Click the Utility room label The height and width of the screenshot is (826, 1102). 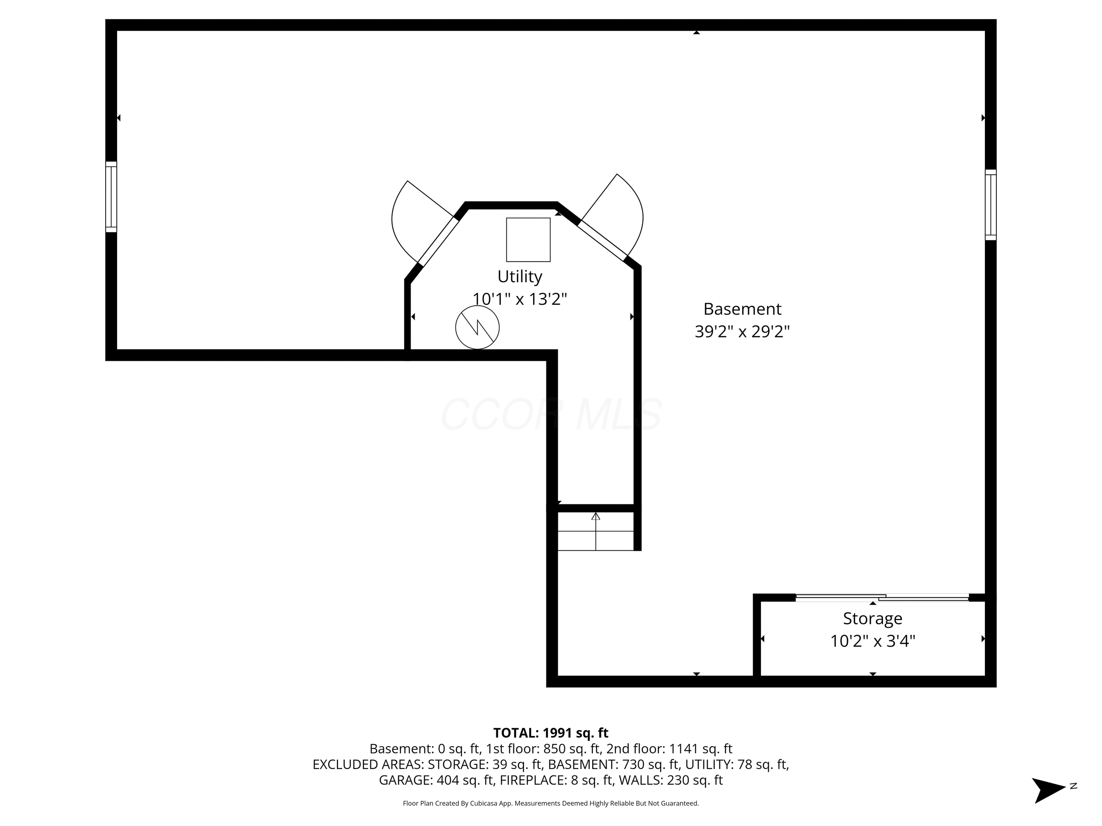pyautogui.click(x=520, y=276)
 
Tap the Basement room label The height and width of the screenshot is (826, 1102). pyautogui.click(x=742, y=309)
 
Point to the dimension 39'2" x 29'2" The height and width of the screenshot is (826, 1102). pyautogui.click(x=742, y=331)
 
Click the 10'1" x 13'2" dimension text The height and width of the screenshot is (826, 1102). pyautogui.click(x=520, y=299)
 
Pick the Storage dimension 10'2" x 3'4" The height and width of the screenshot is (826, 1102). pyautogui.click(x=872, y=641)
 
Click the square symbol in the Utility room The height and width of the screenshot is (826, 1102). pyautogui.click(x=528, y=240)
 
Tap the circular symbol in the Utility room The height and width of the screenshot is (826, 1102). pyautogui.click(x=477, y=327)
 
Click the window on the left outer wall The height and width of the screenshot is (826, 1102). pyautogui.click(x=111, y=197)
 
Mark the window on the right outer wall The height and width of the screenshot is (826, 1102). pyautogui.click(x=990, y=205)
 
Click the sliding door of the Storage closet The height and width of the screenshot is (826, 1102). pyautogui.click(x=882, y=597)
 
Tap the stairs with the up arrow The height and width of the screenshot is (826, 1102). pyautogui.click(x=596, y=532)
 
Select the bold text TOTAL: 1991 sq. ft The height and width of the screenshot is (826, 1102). pyautogui.click(x=551, y=733)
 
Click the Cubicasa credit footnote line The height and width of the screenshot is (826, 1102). pyautogui.click(x=551, y=803)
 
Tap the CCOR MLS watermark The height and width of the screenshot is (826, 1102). pyautogui.click(x=551, y=414)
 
